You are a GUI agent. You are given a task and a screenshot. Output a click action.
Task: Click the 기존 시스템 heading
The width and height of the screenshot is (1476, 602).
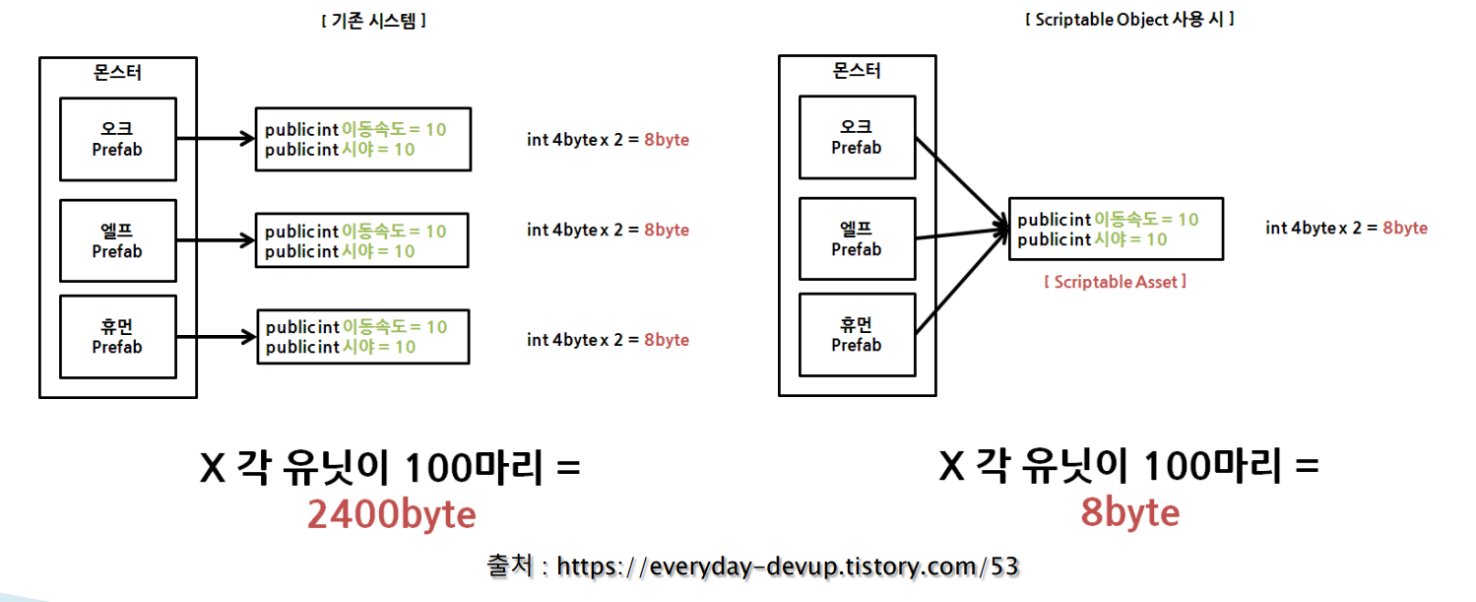click(x=373, y=20)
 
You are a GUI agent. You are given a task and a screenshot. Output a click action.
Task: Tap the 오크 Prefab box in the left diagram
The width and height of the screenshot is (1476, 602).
click(x=117, y=139)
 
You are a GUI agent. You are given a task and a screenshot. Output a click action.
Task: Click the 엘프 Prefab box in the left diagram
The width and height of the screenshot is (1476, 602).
click(x=117, y=240)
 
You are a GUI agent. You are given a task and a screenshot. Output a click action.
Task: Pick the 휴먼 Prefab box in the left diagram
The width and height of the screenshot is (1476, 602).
click(x=117, y=337)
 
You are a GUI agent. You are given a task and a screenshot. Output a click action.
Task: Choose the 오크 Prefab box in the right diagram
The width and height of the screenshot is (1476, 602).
click(x=856, y=137)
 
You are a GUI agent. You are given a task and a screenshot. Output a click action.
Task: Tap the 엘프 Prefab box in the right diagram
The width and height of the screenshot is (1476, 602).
click(x=856, y=239)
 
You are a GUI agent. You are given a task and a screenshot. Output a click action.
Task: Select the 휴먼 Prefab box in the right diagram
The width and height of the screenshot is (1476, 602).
click(x=856, y=335)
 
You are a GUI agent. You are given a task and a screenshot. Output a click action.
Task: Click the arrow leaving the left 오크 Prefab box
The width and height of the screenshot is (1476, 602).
click(x=216, y=139)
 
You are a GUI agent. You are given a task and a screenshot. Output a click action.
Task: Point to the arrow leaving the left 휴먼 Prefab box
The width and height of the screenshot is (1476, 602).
click(x=217, y=338)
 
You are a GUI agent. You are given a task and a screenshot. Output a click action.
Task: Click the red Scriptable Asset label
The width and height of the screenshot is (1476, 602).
click(x=1115, y=282)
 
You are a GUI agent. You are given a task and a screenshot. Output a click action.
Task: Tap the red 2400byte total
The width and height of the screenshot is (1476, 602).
click(x=391, y=514)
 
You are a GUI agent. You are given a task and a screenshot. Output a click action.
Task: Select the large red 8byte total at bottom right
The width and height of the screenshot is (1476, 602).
click(x=1129, y=512)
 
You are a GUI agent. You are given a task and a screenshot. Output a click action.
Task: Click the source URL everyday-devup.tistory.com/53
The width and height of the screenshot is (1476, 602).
click(x=787, y=567)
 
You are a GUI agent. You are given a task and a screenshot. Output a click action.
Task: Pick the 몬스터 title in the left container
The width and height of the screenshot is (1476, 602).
click(x=117, y=71)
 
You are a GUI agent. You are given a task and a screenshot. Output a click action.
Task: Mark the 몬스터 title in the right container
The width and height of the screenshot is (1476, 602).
click(x=856, y=70)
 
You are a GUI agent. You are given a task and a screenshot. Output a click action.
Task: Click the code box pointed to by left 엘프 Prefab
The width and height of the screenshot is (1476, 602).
click(x=361, y=240)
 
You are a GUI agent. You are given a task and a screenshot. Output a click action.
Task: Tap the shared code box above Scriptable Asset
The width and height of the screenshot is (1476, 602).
click(x=1116, y=230)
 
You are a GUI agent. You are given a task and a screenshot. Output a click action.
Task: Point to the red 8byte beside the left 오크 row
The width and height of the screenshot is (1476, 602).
click(x=667, y=140)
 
